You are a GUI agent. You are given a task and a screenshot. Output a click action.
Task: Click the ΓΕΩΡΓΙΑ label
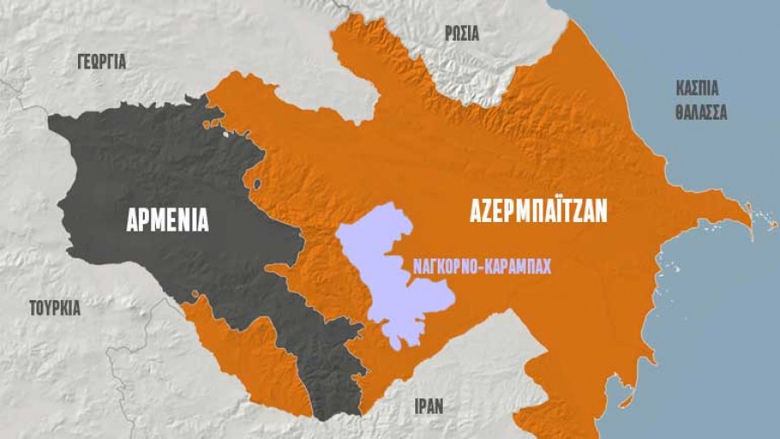pyautogui.click(x=101, y=62)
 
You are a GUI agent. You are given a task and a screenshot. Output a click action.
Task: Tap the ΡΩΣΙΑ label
pyautogui.click(x=461, y=34)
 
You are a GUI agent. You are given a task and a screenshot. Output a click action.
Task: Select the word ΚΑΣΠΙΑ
pyautogui.click(x=698, y=88)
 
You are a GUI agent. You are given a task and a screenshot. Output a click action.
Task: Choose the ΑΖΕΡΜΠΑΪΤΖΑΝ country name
pyautogui.click(x=538, y=210)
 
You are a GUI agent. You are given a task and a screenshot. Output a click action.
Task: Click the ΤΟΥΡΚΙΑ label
pyautogui.click(x=55, y=307)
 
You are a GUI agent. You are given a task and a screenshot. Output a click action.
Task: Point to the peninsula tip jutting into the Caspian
pyautogui.click(x=750, y=216)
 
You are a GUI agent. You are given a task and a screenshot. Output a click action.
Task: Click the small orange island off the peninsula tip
pyautogui.click(x=772, y=227)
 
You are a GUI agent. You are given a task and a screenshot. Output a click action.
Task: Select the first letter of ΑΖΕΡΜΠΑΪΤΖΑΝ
pyautogui.click(x=475, y=210)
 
